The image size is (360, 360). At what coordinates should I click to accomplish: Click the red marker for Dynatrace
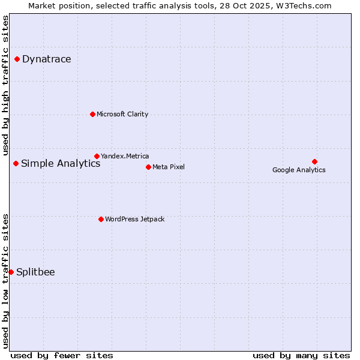(17, 59)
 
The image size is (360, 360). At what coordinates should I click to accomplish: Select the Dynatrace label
(46, 59)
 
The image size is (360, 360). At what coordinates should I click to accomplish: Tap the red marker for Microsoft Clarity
(92, 114)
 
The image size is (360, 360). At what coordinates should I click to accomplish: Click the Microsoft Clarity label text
(122, 114)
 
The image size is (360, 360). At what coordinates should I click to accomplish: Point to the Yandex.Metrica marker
(97, 156)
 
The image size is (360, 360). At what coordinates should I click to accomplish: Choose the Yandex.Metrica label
(125, 156)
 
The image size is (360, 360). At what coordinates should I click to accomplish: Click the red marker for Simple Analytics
(16, 163)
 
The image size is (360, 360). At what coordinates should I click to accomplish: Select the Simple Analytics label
(61, 163)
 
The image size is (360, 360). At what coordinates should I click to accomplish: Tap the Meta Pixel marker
(148, 167)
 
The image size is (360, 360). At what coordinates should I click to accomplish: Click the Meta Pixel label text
(169, 167)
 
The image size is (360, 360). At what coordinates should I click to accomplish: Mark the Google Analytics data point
(314, 161)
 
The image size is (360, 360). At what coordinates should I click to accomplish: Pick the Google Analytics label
(299, 170)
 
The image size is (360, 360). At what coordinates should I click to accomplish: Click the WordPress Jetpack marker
(101, 219)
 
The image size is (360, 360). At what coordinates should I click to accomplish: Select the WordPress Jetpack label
(134, 219)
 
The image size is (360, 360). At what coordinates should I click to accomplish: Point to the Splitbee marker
(11, 272)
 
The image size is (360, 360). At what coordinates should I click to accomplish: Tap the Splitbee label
(35, 272)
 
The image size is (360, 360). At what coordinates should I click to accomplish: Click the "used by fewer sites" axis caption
(62, 355)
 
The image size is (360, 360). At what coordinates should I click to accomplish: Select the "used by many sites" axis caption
(301, 355)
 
